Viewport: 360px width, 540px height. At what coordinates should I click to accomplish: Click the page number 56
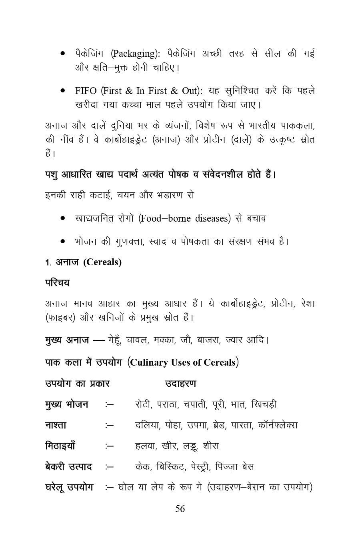[x=180, y=509]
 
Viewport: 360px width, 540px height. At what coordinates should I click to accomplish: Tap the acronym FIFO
[x=86, y=90]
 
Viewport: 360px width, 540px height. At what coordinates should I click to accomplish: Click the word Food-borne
[x=165, y=218]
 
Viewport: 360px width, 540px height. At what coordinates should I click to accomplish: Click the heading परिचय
[x=57, y=283]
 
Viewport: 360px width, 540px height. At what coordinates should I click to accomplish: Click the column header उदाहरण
[x=181, y=384]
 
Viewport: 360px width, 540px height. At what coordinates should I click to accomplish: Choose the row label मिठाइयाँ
[x=60, y=446]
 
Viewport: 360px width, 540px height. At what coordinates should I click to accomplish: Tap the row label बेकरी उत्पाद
[x=68, y=466]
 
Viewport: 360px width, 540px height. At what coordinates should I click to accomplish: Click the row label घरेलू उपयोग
[x=69, y=487]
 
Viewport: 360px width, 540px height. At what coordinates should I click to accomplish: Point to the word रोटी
[x=143, y=404]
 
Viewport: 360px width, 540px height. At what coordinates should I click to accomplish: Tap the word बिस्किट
[x=171, y=466]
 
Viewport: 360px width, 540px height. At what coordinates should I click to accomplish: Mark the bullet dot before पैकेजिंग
[x=63, y=54]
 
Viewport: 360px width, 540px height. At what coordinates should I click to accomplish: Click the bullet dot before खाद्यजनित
[x=63, y=218]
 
